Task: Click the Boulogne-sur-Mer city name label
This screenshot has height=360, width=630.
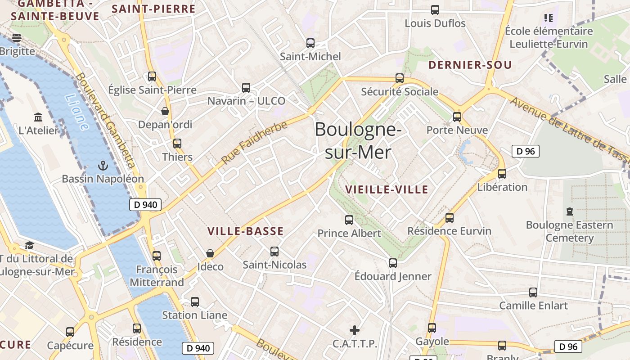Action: (358, 141)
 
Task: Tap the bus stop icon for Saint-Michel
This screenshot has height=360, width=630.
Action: (310, 43)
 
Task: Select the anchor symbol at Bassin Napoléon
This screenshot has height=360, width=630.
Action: (103, 166)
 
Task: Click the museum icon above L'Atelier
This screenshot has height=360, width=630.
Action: (38, 117)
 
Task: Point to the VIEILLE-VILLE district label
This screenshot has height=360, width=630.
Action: (387, 189)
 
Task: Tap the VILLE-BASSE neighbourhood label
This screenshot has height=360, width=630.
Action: (245, 231)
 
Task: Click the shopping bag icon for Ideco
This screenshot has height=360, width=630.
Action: (210, 253)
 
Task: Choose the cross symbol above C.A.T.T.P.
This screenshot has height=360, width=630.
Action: (355, 330)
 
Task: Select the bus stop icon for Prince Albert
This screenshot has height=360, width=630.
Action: (349, 220)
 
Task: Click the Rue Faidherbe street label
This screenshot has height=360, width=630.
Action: (254, 143)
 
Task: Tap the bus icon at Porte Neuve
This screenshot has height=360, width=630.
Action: (457, 117)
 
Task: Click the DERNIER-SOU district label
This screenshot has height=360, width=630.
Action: (470, 65)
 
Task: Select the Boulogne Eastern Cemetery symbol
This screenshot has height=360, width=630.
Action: (570, 211)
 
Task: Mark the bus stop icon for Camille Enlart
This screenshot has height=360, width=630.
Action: (533, 292)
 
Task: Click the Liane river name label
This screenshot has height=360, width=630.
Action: (76, 112)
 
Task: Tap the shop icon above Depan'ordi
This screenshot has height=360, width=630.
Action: (165, 111)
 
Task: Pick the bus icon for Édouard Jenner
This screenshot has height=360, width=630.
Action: (393, 263)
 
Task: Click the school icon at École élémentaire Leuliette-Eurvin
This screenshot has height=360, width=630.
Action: (548, 18)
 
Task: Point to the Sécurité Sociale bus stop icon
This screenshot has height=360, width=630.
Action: (400, 78)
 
